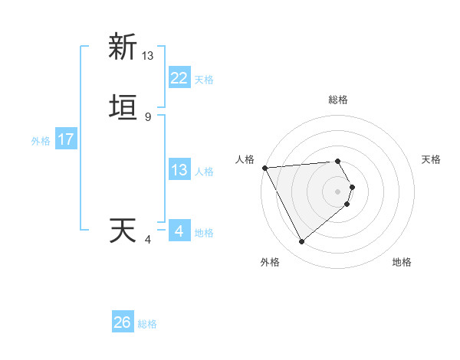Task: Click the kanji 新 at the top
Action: pos(122,47)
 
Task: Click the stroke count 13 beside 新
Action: pos(148,55)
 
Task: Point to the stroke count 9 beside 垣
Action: pos(148,117)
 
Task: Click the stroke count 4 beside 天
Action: pos(148,240)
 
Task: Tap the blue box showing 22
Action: pos(179,78)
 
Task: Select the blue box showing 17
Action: pos(66,139)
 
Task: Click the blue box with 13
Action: pos(179,170)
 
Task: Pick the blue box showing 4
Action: pos(179,231)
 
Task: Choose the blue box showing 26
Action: pos(123,322)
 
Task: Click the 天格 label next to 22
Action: pos(204,80)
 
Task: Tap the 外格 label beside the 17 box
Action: pos(41,141)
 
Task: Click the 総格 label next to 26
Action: pos(147,324)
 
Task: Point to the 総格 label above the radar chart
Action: pos(338,100)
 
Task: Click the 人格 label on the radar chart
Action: pos(245,159)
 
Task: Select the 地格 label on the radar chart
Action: pos(402,262)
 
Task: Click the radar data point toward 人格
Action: pos(264,168)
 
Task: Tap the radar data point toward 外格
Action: pos(302,242)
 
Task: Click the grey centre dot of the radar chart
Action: pos(338,191)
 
